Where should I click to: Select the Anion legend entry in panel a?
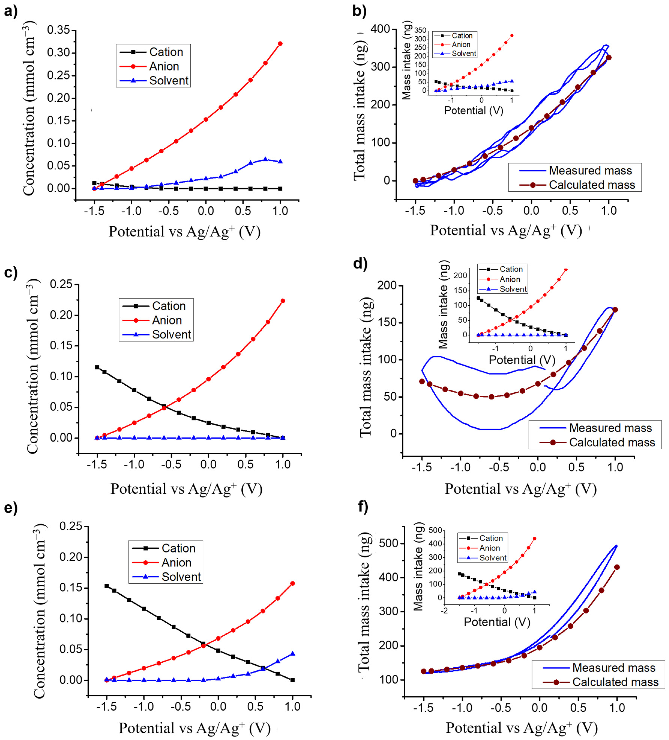(x=164, y=66)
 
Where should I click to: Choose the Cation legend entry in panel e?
(x=178, y=548)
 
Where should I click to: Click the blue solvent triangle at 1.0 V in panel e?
(x=292, y=653)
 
